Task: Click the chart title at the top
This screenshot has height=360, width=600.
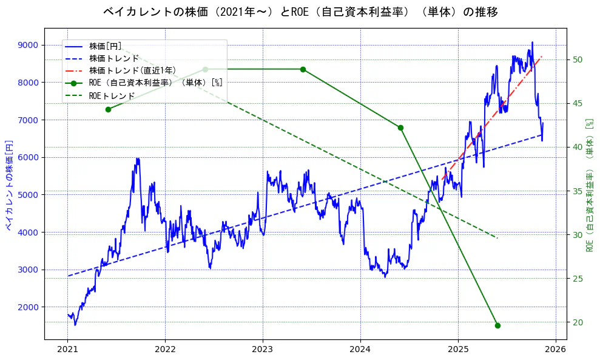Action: (x=300, y=12)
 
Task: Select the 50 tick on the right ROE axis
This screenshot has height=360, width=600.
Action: (x=577, y=59)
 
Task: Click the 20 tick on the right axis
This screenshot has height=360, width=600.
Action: (x=577, y=322)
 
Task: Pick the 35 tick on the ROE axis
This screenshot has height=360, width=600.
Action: (x=577, y=191)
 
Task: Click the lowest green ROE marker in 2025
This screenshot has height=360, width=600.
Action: (x=497, y=325)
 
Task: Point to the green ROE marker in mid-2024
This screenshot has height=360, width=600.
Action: (x=400, y=127)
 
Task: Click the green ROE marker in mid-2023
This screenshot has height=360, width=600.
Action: (x=303, y=69)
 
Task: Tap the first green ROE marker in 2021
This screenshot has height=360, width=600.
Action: (x=108, y=109)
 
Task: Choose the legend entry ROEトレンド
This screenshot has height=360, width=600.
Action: (x=112, y=95)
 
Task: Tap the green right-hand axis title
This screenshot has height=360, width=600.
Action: (x=588, y=185)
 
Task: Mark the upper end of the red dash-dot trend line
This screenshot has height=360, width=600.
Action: (x=541, y=56)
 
